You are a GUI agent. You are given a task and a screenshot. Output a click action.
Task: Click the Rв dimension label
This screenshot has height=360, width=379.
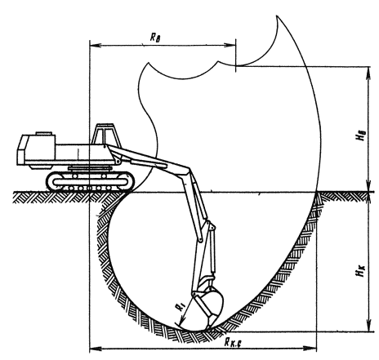click(x=155, y=38)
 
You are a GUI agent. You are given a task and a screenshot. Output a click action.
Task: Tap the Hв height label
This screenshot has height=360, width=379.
click(x=362, y=136)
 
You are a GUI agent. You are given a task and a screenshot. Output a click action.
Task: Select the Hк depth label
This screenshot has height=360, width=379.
click(x=361, y=271)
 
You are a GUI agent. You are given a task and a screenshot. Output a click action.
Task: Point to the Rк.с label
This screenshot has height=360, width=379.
click(x=233, y=342)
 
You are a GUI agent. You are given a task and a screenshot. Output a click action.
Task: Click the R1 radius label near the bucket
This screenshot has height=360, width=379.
click(x=181, y=306)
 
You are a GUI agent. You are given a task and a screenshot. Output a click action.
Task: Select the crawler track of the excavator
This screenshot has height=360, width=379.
click(x=91, y=181)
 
